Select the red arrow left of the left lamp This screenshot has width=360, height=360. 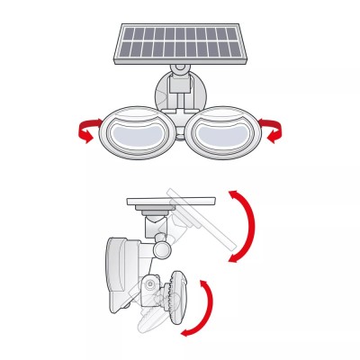click(x=85, y=131)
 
